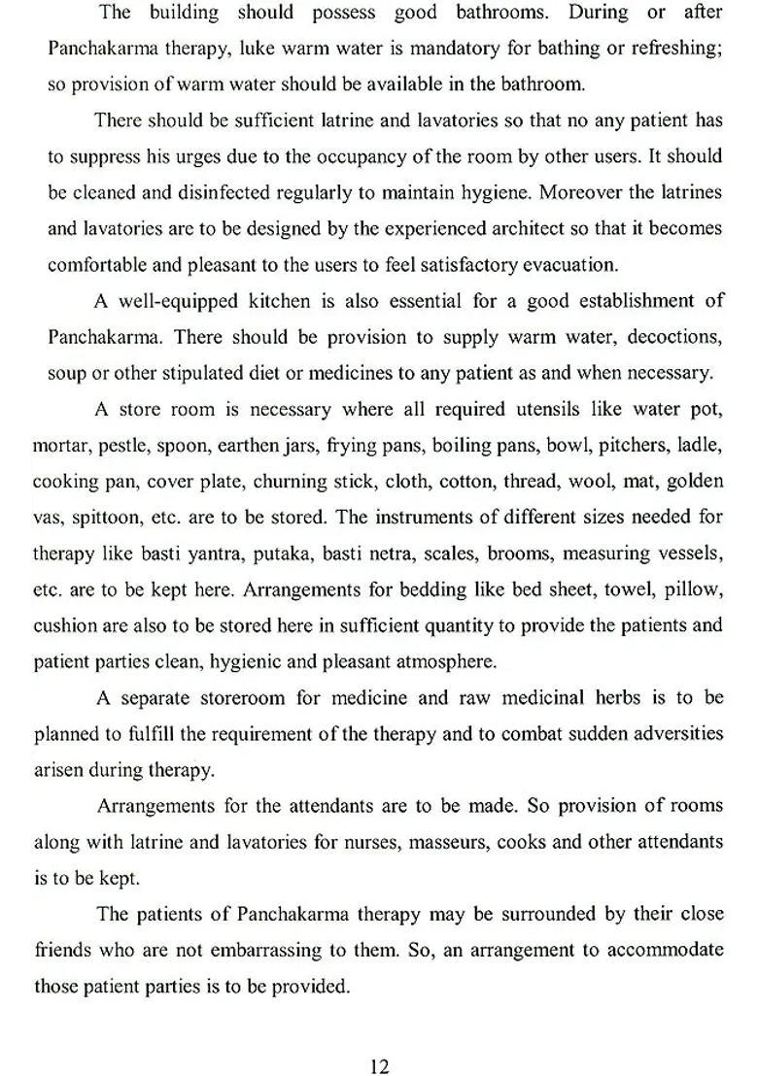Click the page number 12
[379, 1040]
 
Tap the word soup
[66, 372]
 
